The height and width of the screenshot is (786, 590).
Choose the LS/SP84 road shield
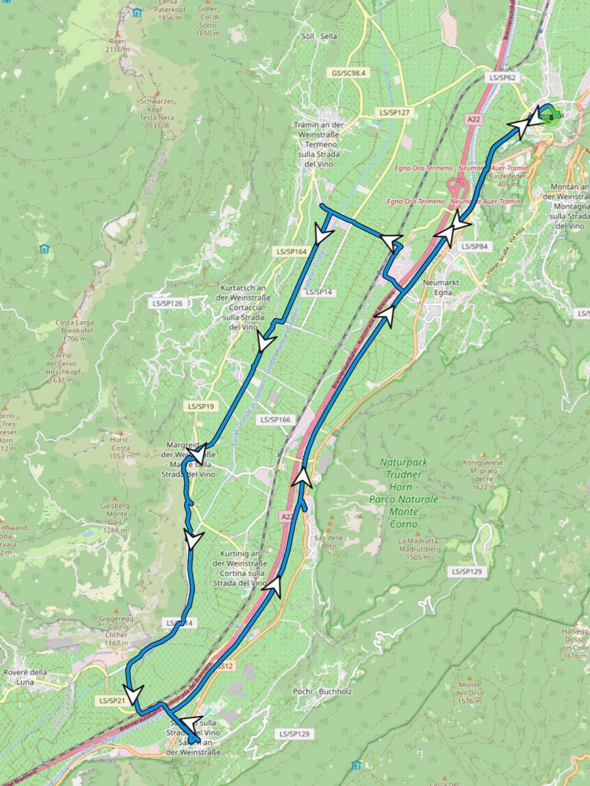coord(475,246)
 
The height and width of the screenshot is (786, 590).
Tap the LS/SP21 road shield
coord(112,701)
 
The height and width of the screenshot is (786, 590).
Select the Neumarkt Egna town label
coord(439,287)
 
